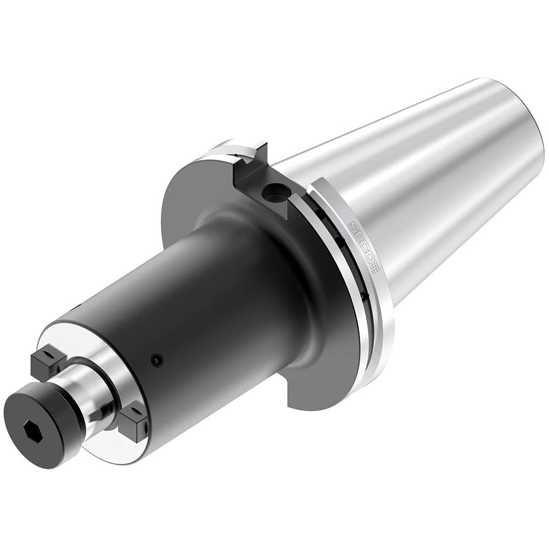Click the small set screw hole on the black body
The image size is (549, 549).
pyautogui.click(x=158, y=360)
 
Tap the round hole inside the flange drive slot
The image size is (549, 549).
pyautogui.click(x=271, y=193)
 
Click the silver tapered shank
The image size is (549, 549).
pyautogui.click(x=428, y=181)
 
